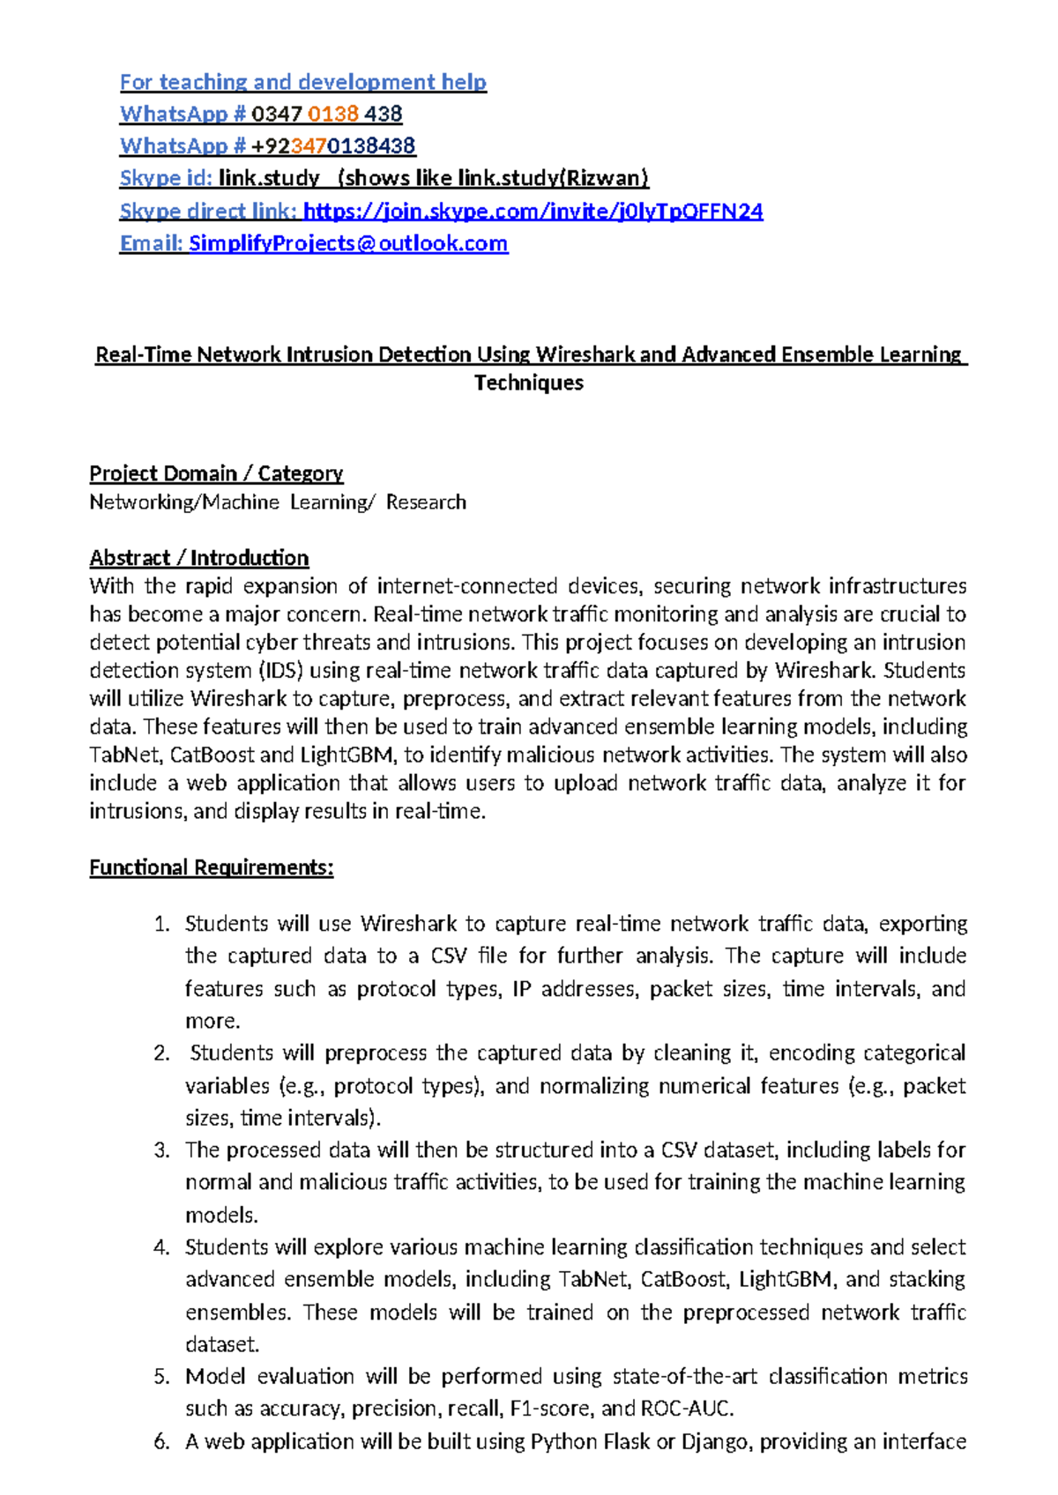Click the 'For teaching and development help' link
302,82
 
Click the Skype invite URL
533,211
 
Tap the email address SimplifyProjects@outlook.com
348,243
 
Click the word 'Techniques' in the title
528,383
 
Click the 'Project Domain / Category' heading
216,473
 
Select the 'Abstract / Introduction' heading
199,558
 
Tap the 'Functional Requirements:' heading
212,867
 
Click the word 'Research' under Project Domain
426,502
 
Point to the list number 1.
160,924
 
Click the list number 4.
160,1247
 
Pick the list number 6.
160,1441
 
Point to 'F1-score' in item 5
553,1409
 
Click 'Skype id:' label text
166,178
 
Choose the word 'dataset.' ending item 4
222,1344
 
